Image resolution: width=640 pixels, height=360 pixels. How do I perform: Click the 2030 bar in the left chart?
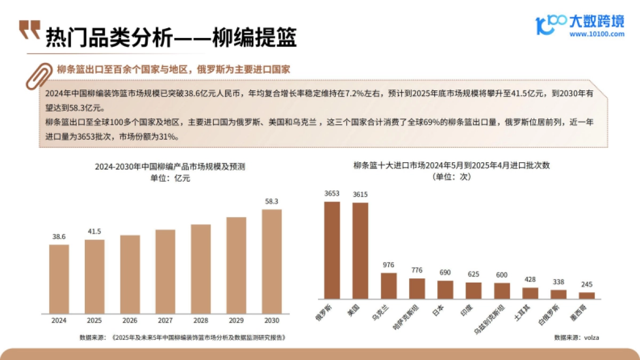tap(272, 261)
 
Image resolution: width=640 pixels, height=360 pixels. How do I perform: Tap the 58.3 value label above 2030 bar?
tap(272, 202)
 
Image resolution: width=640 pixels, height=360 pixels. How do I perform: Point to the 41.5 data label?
tap(94, 232)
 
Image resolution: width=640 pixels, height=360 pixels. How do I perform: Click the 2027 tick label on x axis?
tap(165, 321)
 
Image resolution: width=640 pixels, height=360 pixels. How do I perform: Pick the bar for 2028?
tap(201, 269)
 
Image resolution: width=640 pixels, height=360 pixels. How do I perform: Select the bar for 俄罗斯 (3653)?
tap(332, 250)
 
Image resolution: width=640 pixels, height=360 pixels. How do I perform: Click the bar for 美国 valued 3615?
tap(360, 251)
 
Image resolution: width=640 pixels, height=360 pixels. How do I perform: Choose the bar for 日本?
tap(445, 290)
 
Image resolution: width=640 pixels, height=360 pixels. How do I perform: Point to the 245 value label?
tap(587, 284)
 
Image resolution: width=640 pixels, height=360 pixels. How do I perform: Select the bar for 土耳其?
tap(530, 293)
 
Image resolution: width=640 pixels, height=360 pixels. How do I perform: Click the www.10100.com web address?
tap(596, 34)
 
